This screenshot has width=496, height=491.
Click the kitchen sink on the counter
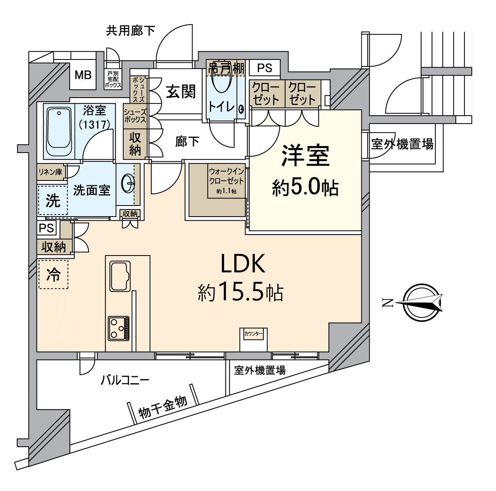point(120,276)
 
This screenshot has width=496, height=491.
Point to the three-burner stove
point(119,328)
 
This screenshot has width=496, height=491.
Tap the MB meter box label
point(83,75)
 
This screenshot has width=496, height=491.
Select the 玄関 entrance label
point(181,91)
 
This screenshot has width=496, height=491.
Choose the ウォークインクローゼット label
point(226,175)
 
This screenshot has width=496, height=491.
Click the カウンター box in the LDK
point(254,334)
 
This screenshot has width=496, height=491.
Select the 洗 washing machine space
point(53,201)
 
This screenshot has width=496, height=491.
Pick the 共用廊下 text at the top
point(130,31)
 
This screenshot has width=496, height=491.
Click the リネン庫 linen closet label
point(50,171)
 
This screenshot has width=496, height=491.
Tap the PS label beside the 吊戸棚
point(265,68)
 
